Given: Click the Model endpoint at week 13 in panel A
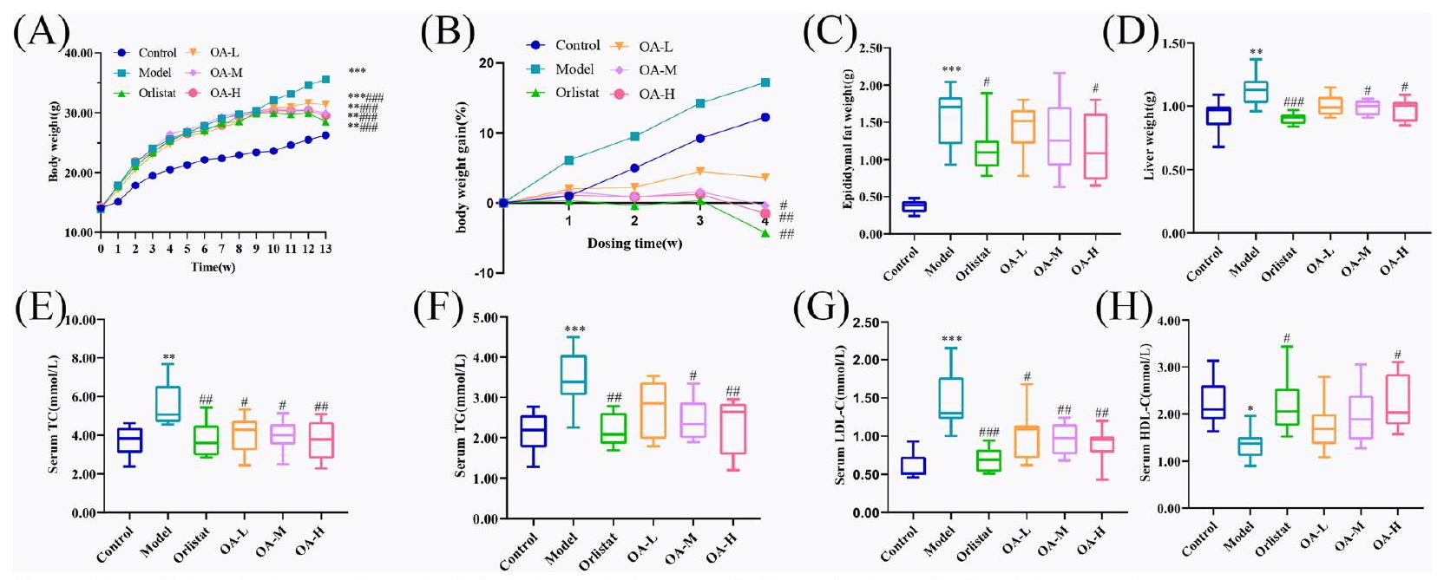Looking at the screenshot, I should pyautogui.click(x=325, y=79).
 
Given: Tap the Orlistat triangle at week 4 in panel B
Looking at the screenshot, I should pyautogui.click(x=765, y=233).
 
